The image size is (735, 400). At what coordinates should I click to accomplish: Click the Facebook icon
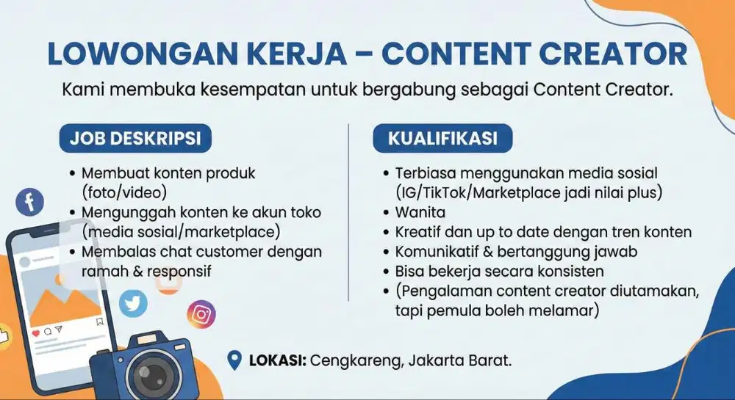[x=30, y=202]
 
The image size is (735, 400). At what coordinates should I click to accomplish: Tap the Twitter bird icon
[x=133, y=302]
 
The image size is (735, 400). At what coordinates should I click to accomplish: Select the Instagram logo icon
[x=201, y=314]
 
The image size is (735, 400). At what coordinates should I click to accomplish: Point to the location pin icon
[x=235, y=360]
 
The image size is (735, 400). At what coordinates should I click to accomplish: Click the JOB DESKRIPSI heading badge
[x=135, y=137]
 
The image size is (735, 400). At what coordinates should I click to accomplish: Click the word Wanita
[x=420, y=213]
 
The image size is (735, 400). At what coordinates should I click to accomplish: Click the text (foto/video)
[x=124, y=192]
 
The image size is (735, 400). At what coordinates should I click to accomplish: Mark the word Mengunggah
[x=125, y=213]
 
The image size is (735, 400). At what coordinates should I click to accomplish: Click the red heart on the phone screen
[x=36, y=332]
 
